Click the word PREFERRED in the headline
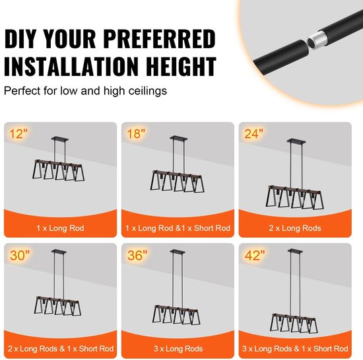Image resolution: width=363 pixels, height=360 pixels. [160, 39]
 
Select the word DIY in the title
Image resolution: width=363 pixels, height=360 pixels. [20, 39]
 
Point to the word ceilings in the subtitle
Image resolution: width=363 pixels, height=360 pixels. [147, 90]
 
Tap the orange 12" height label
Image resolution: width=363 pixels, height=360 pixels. [18, 134]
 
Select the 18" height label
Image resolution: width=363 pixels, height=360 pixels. [136, 134]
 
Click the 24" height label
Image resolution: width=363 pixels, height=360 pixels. [253, 134]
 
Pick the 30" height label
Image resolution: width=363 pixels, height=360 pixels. [20, 255]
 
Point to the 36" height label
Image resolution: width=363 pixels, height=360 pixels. [137, 255]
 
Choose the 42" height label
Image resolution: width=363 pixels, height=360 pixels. [255, 255]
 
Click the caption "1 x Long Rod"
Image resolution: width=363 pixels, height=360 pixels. [60, 228]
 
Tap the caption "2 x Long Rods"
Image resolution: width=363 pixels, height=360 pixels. [295, 228]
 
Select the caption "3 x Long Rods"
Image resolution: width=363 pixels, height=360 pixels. [178, 349]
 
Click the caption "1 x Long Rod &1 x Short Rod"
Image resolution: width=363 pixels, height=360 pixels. [178, 228]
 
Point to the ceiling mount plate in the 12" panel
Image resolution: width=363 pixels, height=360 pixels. [59, 139]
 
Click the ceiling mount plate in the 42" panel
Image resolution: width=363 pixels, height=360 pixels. [295, 251]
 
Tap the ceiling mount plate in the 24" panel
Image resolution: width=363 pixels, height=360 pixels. [296, 141]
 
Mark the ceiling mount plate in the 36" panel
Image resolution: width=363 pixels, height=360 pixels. [178, 252]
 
